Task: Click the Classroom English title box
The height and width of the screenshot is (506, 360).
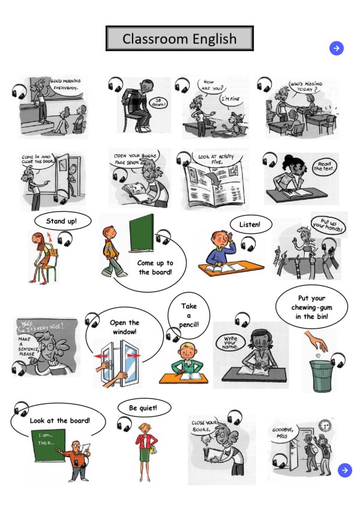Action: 179,40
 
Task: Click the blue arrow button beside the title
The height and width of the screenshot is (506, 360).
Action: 337,49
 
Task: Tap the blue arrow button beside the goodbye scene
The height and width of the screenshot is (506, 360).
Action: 344,470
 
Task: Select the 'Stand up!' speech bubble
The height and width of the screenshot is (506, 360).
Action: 61,221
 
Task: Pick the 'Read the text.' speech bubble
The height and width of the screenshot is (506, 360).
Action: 325,165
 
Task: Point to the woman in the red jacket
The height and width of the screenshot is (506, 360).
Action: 145,445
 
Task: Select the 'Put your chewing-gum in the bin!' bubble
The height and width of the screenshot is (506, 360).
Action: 311,308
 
